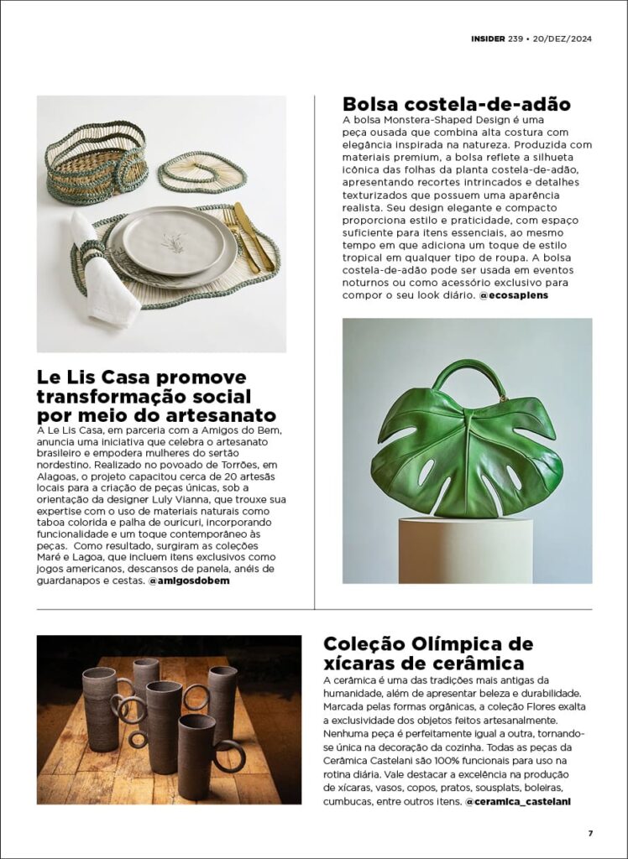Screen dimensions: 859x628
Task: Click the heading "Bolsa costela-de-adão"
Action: coord(457,105)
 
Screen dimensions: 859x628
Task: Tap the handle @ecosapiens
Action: coord(513,296)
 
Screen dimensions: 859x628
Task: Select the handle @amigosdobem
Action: coord(189,580)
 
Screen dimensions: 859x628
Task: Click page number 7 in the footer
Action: coord(590,833)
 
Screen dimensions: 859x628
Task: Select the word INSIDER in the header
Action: coord(488,39)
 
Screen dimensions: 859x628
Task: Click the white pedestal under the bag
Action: coord(465,549)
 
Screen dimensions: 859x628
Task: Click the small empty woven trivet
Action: coord(202,172)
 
